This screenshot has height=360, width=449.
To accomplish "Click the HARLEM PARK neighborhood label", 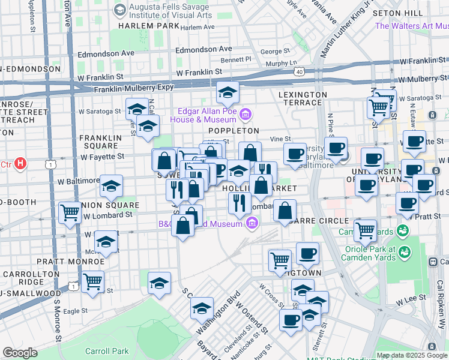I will pos(148,26).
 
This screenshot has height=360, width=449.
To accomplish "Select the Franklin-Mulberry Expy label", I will pos(133,88).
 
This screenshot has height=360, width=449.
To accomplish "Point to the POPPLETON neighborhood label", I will pos(233,130).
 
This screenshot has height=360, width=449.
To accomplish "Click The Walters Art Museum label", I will pos(412,26).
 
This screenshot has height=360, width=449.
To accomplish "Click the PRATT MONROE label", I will pos(70,262).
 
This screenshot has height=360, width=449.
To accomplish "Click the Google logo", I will pos(20,352).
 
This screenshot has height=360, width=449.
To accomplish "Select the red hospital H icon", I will pos(21,163).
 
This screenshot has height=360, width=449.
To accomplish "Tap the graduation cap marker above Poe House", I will pos(228,93).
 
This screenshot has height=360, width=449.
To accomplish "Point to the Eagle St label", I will pos(76,311).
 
